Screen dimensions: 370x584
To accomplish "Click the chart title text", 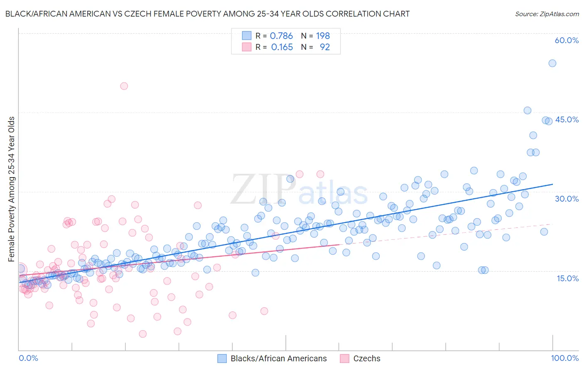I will (207, 14).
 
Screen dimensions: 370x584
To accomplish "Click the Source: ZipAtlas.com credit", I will (547, 14).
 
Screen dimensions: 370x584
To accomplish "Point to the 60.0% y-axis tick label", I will (567, 40).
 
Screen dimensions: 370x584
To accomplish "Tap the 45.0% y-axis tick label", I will (567, 119).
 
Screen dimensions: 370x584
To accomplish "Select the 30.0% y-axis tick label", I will (567, 199).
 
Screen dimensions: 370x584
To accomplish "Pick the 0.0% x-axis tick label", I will (28, 358).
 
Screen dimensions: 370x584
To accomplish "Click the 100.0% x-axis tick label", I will (564, 358).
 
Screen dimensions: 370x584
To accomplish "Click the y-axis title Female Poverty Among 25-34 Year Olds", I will (12, 189).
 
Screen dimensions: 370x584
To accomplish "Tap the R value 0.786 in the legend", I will (281, 36).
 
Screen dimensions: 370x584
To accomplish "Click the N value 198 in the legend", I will (323, 36).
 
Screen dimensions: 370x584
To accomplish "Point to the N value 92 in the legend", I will (324, 47).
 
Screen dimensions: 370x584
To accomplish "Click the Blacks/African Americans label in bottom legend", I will (279, 358).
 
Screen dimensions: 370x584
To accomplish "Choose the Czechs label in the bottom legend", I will (366, 358).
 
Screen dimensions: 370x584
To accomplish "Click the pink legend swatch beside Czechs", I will (344, 358).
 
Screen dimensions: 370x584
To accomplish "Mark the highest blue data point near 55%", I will (552, 63).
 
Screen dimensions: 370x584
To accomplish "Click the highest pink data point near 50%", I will (124, 86).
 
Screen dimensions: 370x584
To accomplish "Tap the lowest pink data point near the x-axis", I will (142, 334).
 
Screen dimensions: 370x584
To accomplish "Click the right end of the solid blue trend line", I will (552, 184).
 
